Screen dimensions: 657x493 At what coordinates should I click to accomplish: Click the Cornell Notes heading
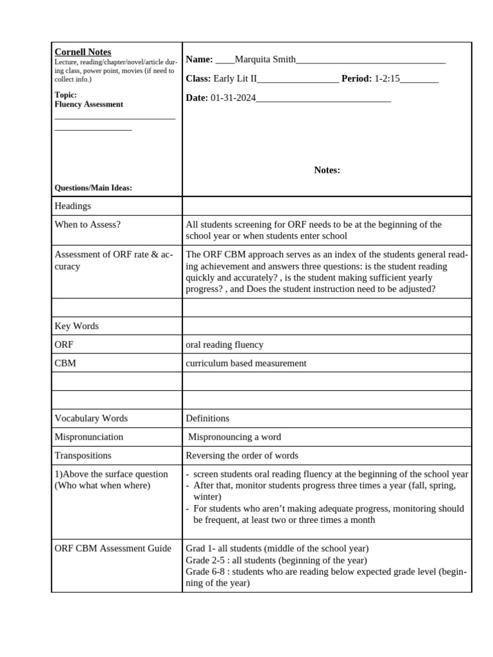point(83,52)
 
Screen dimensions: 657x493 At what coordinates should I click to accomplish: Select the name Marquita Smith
point(265,60)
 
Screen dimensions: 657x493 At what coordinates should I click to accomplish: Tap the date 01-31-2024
point(233,98)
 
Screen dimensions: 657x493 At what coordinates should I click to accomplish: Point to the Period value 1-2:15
point(387,78)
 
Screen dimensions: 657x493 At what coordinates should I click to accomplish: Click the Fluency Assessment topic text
point(89,104)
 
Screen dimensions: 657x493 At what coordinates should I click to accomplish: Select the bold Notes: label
point(327,170)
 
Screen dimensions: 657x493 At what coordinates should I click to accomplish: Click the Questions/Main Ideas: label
point(93,187)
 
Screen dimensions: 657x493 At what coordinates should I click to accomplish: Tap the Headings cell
point(73,206)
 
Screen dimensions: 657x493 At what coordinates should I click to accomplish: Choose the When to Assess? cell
point(87,225)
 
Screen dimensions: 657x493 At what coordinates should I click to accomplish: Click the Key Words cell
point(76,326)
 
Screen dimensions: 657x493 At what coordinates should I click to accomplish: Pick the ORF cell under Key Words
point(65,345)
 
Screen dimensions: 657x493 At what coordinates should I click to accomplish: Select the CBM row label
point(65,363)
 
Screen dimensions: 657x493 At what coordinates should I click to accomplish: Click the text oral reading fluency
point(224,345)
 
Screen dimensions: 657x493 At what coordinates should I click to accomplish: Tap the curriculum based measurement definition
point(246,363)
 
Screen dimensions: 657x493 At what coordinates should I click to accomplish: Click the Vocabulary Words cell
point(91,418)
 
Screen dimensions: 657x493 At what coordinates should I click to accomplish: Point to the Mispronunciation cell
point(89,437)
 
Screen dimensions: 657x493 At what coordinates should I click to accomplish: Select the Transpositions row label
point(83,456)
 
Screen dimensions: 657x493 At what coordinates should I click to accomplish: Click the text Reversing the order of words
point(242,456)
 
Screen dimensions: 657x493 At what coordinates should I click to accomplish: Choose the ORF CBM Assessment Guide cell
point(112,549)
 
